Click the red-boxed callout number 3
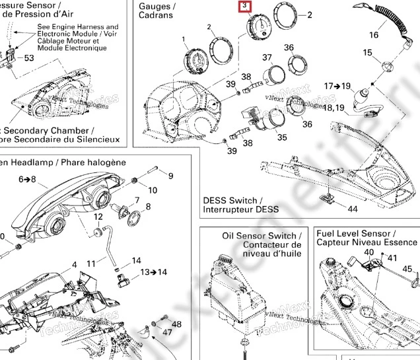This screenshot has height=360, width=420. (244, 7)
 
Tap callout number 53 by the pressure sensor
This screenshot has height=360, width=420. (29, 58)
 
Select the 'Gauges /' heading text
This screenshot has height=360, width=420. (154, 5)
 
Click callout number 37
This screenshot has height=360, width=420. (267, 57)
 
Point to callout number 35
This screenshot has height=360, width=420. (282, 137)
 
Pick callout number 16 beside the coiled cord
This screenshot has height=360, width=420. (374, 35)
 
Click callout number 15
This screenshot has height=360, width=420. (368, 53)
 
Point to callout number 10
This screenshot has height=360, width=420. (153, 190)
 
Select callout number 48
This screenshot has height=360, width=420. (176, 324)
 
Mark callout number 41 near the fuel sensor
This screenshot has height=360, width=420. (392, 258)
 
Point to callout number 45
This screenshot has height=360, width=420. (407, 269)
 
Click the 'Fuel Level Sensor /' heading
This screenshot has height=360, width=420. (355, 234)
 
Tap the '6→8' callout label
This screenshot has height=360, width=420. (27, 179)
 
